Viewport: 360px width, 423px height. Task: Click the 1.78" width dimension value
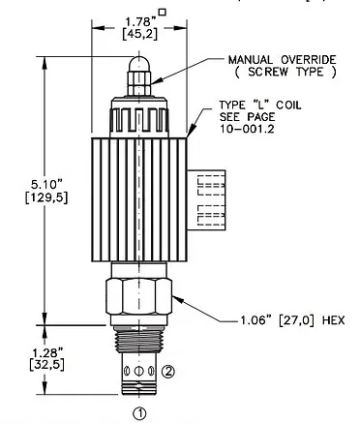coord(140,22)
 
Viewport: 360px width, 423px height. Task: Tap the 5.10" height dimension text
coord(46,185)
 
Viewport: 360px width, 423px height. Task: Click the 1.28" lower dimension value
coord(46,351)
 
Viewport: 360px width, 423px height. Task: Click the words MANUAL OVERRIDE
coord(283,60)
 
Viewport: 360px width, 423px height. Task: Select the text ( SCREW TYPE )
coord(285,72)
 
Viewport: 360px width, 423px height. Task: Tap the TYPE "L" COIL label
coord(260,106)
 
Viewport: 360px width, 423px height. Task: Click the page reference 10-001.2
coord(247,129)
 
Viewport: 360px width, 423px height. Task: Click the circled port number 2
coord(167,372)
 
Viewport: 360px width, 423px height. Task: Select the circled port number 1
coord(139,413)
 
